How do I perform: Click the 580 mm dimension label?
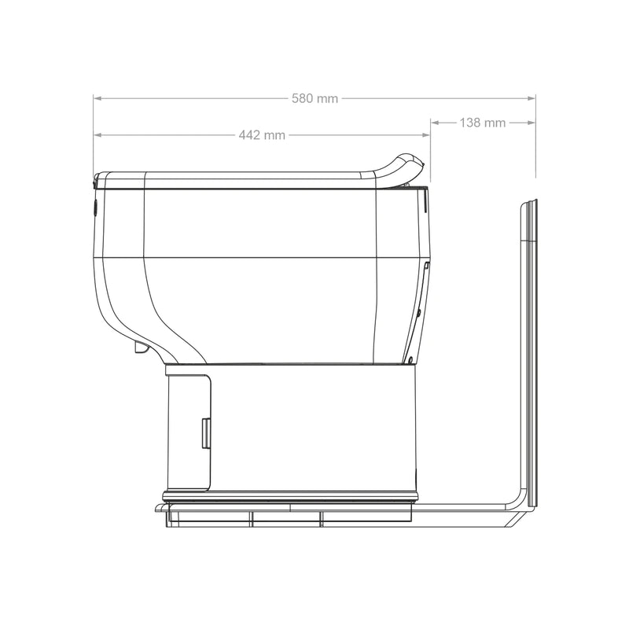tap(314, 98)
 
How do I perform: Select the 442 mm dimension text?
tap(262, 135)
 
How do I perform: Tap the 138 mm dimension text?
tap(483, 123)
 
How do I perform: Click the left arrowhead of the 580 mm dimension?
tap(97, 98)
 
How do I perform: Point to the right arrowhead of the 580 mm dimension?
tap(532, 98)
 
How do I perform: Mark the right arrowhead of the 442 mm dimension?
tap(427, 135)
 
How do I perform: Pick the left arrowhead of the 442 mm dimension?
tap(97, 135)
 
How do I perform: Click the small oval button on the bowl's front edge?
tap(94, 208)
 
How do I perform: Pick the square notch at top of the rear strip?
tap(425, 267)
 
